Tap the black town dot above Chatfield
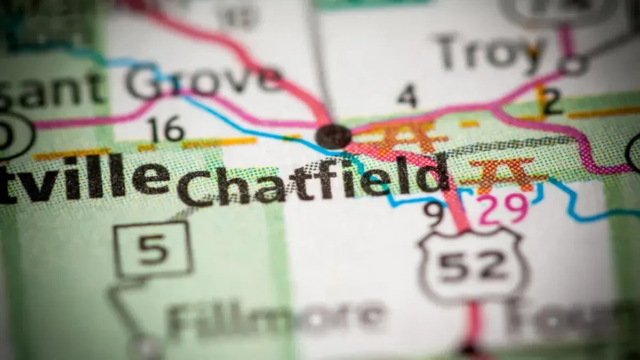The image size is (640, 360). point(333,135)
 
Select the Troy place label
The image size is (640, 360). point(488,52)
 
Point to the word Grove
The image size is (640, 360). point(203,81)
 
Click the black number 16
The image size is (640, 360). point(166,130)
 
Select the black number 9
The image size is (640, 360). point(434,213)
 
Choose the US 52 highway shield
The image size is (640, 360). point(473,264)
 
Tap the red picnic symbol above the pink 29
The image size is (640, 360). point(501,173)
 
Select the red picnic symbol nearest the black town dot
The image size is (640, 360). point(408,136)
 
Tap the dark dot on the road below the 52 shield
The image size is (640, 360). point(469,351)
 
